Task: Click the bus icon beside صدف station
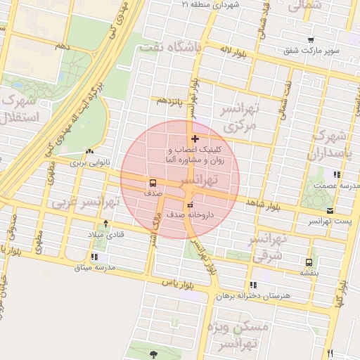[x=153, y=181]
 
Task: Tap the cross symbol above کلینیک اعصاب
[x=195, y=139]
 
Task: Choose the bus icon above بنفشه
[x=308, y=261]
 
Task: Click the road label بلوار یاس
[x=176, y=283]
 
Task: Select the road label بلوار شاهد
[x=262, y=203]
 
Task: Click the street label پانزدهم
[x=169, y=101]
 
